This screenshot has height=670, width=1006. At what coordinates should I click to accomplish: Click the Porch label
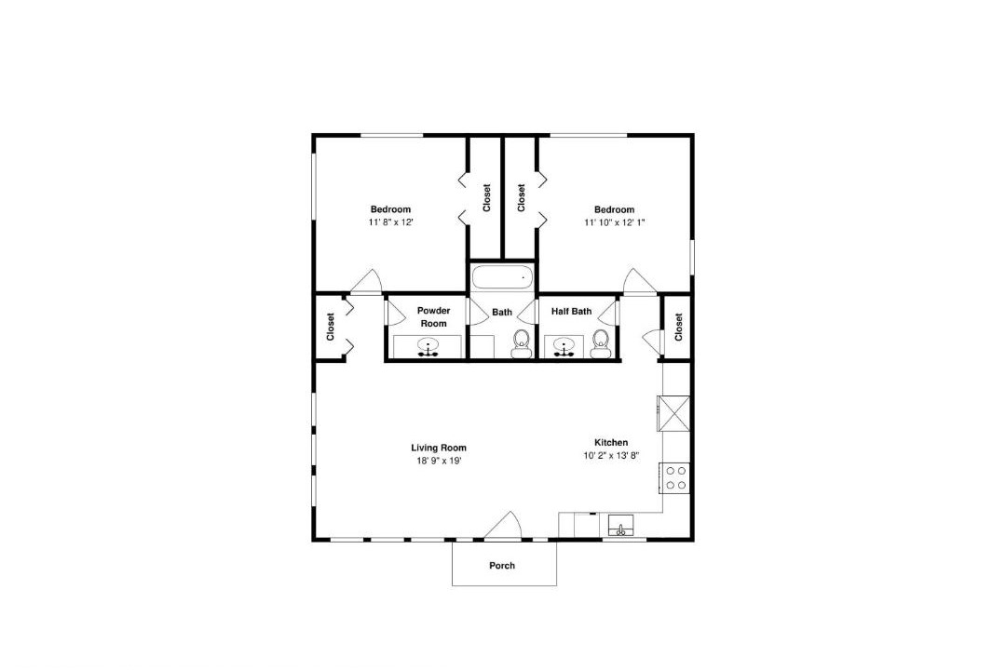pos(502,566)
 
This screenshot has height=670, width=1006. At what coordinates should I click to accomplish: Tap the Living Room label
pos(439,449)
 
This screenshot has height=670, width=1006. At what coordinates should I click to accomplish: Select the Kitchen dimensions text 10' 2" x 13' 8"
pos(611,456)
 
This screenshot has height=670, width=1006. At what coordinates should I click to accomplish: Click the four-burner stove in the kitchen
pos(673,477)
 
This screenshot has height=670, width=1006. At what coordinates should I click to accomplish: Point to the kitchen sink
pos(620,527)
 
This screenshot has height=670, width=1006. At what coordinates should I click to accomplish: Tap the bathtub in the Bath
pos(502,278)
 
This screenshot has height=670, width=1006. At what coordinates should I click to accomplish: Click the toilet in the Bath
pos(521,344)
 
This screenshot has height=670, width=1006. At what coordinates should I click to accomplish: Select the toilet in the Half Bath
pos(601,344)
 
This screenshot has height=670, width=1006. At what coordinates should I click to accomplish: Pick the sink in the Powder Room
pos(428,347)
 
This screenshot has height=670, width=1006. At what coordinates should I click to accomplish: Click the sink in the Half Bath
pos(564,347)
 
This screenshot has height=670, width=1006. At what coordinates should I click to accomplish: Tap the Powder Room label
pos(434,316)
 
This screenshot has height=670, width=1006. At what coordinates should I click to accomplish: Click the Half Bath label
pos(572,312)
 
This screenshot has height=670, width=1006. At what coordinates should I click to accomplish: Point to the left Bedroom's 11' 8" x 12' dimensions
pos(390,222)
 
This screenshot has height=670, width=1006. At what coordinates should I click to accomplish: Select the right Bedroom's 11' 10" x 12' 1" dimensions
pos(615,222)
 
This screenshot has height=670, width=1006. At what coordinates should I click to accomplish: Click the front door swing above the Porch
pos(506,526)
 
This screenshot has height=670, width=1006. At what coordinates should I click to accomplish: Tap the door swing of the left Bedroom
pos(366,281)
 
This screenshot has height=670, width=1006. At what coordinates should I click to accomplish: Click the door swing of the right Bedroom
pos(639,281)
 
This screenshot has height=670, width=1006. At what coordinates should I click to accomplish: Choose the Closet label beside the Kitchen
pos(679,327)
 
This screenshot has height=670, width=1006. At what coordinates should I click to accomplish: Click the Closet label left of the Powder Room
pos(331,327)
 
